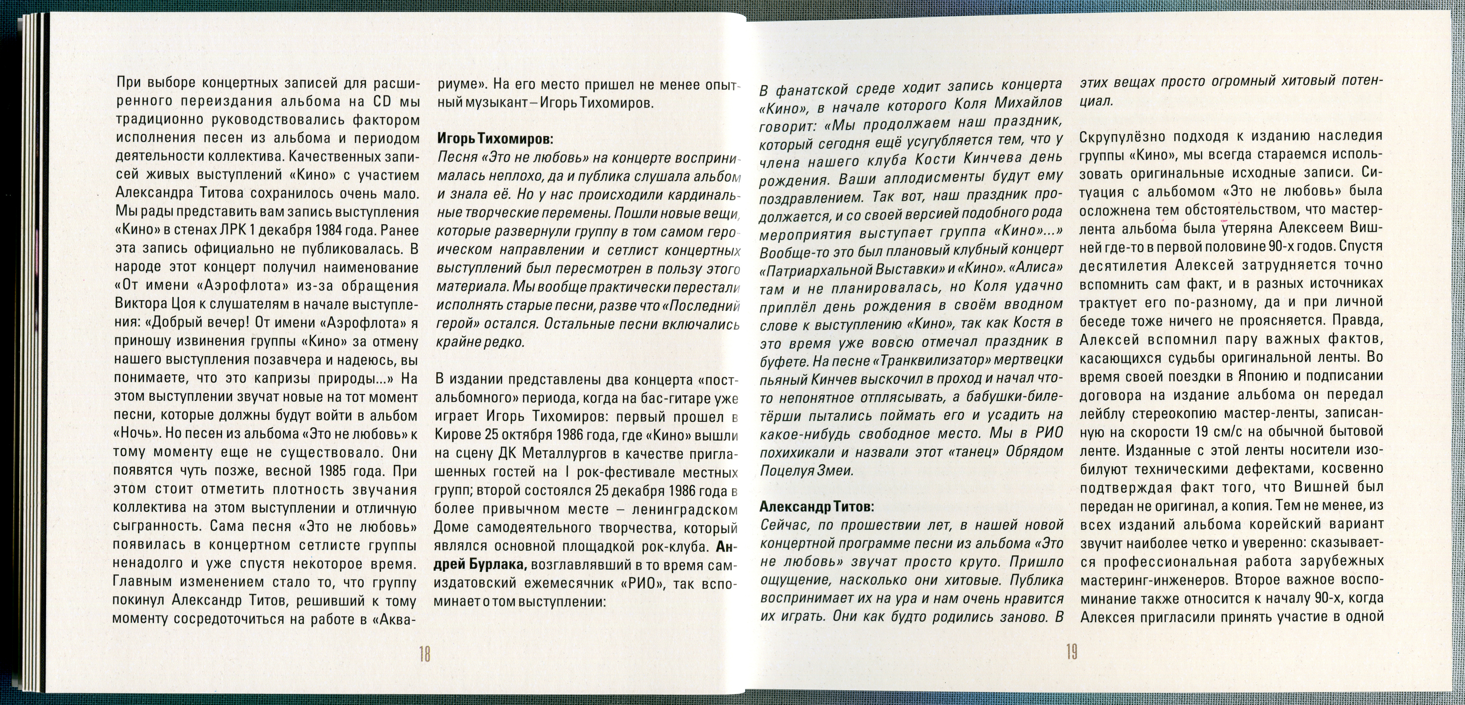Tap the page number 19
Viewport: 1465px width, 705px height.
(1072, 652)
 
